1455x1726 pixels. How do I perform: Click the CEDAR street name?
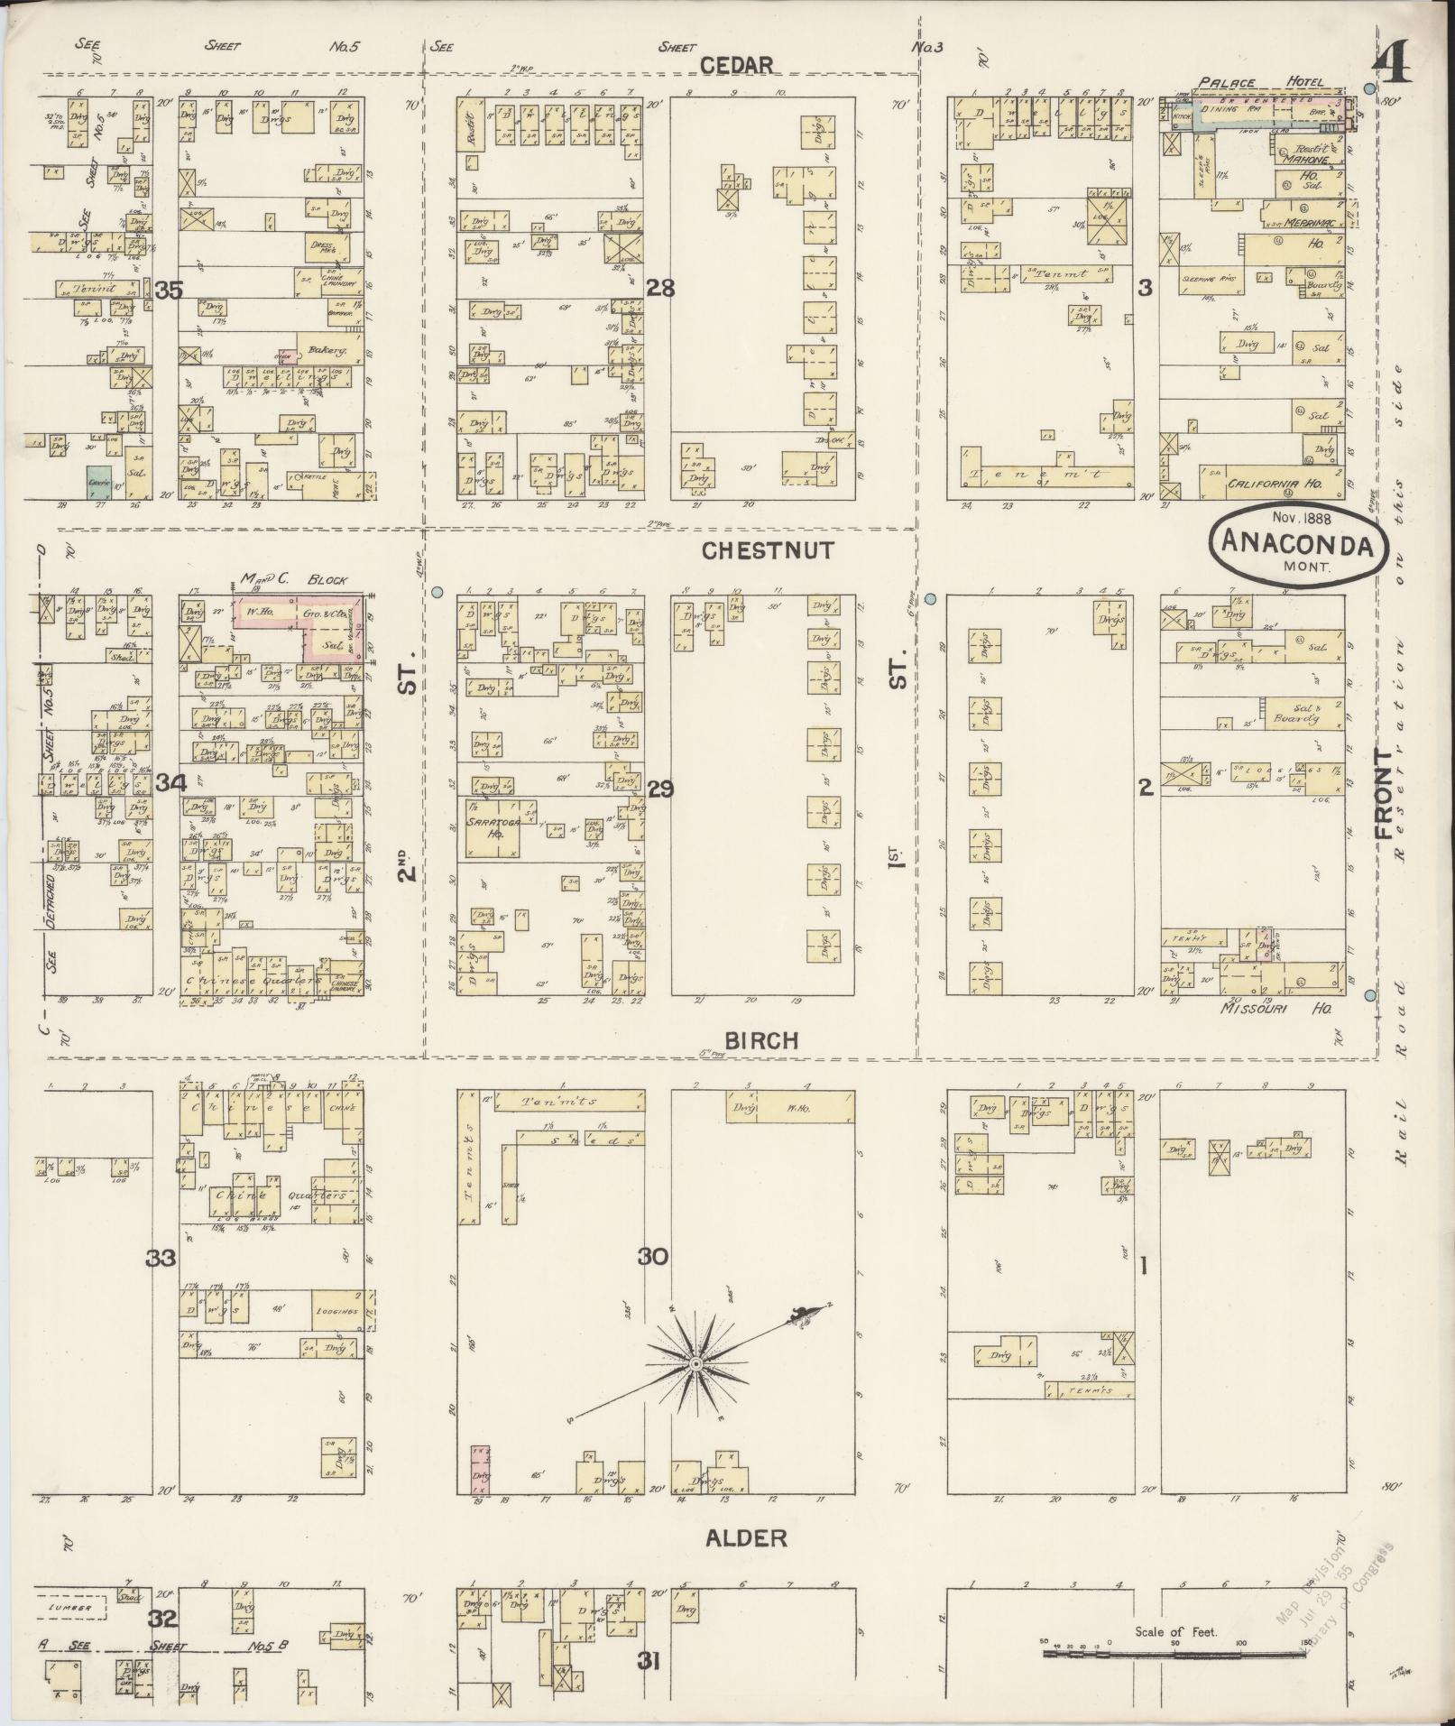(737, 65)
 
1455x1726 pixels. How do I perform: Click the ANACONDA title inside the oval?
(1297, 544)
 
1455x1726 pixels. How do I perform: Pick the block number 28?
(660, 289)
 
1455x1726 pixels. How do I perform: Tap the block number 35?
(169, 291)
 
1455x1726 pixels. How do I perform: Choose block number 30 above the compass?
(653, 1256)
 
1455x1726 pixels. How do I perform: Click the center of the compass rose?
(695, 1367)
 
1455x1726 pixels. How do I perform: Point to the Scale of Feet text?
(1175, 1631)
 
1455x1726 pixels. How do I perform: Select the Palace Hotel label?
(1261, 82)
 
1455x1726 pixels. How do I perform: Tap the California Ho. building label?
(1274, 485)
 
